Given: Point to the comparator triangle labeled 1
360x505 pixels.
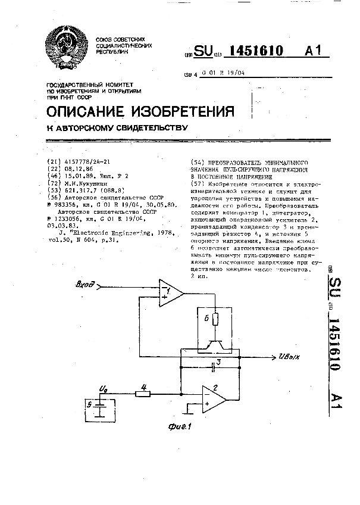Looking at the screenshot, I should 170,292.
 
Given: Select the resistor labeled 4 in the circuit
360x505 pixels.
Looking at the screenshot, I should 143,393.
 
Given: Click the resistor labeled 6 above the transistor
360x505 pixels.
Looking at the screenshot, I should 216,319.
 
